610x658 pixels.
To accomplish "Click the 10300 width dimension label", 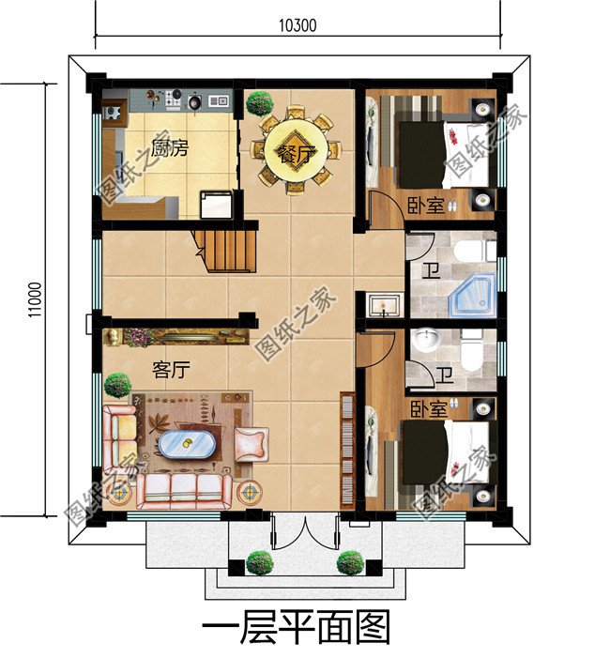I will click(297, 25).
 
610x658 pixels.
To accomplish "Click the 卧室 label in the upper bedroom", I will click(426, 204).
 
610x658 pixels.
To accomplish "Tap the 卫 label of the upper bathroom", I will click(429, 271).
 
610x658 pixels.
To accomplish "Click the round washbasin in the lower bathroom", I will click(428, 337).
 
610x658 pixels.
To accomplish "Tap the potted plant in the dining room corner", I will click(258, 102).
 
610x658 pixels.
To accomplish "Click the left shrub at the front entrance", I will click(259, 562).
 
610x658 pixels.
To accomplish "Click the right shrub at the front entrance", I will click(350, 562).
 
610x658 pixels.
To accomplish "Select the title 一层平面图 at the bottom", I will click(296, 628).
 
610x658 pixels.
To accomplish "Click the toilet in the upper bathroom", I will click(486, 252).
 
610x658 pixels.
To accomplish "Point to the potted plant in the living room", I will click(117, 384).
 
